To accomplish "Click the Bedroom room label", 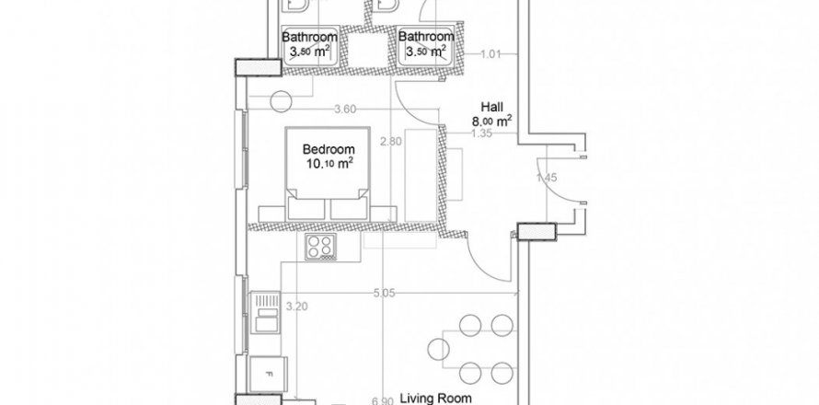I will tap(329, 148).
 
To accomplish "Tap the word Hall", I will tap(493, 106).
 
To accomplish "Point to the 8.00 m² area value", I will tap(492, 121).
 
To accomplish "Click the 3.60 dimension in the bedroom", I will tap(345, 110).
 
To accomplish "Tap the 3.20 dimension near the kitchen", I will tap(295, 306).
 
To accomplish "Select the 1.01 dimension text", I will tap(490, 54).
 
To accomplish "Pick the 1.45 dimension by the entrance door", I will tap(545, 175).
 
